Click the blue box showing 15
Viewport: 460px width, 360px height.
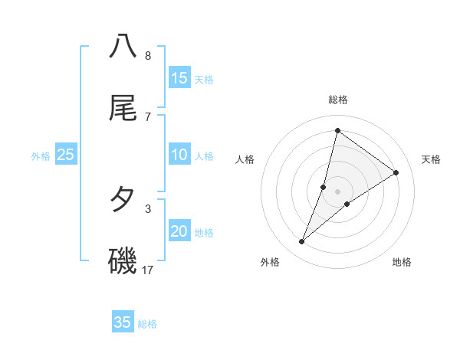pos(179,78)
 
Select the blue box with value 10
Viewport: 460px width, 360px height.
pos(179,155)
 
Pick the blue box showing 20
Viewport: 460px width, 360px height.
pos(179,231)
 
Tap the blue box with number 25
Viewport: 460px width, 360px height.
pos(66,155)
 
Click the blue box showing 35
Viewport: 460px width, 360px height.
pos(123,322)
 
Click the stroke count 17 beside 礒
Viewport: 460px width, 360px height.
pos(148,270)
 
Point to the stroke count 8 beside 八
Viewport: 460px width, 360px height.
pos(148,55)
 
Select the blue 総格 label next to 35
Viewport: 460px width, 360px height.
pos(148,324)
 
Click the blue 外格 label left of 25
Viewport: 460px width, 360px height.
pos(41,156)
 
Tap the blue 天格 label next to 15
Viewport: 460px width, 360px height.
pos(204,80)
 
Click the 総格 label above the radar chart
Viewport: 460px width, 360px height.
pos(338,100)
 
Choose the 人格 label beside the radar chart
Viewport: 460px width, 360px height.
pos(245,159)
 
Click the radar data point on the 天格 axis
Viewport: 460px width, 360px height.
pos(396,172)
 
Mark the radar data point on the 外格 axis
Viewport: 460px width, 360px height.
pos(302,242)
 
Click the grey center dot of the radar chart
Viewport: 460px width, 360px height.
pos(338,191)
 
